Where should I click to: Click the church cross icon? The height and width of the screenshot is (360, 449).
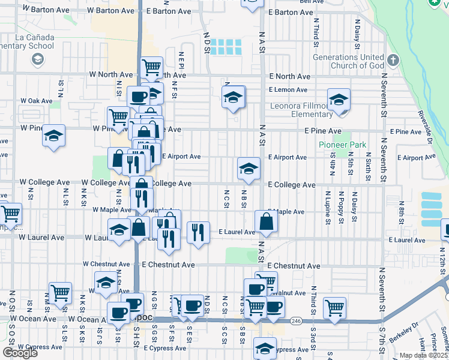(x=393, y=61)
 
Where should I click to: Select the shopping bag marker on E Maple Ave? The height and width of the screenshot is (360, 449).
(x=266, y=221)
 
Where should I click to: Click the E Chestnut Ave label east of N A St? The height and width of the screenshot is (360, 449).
(x=294, y=266)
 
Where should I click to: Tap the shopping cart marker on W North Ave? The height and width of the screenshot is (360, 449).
(x=151, y=67)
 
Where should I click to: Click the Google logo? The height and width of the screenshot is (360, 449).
(x=20, y=352)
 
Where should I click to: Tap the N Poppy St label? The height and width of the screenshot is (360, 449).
(x=341, y=206)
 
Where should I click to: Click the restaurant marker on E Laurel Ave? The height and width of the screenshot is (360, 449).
(x=198, y=232)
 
